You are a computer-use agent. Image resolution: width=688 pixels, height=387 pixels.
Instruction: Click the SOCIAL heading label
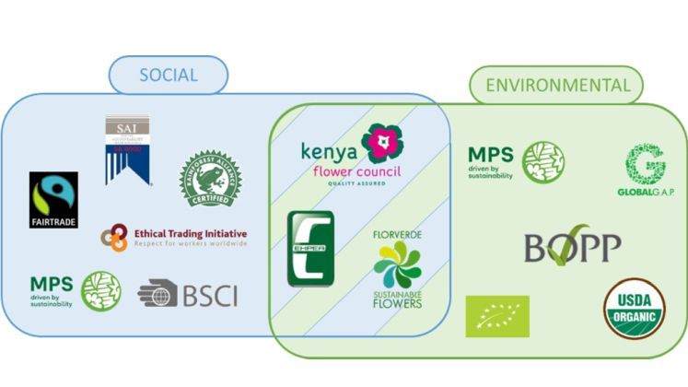(168, 75)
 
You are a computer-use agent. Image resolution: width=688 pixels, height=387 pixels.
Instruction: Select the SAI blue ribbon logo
(127, 147)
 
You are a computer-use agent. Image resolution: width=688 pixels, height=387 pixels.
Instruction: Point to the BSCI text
(209, 295)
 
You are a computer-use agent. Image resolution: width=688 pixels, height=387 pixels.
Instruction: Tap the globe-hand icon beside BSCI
(157, 294)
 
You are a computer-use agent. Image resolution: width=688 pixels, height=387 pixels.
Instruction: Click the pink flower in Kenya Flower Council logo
(381, 143)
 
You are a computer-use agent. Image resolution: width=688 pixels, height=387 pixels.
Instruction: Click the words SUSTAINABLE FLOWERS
(398, 299)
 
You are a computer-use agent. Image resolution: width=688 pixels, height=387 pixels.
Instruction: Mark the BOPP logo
(572, 246)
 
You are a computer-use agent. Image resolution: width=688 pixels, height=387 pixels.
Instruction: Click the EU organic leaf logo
(497, 315)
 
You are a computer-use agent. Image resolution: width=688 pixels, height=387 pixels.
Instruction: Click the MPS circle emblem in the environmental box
(543, 161)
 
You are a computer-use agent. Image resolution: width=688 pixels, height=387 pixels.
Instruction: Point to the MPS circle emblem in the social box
(101, 290)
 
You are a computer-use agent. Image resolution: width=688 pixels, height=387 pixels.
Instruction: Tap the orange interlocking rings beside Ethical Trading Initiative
(114, 240)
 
